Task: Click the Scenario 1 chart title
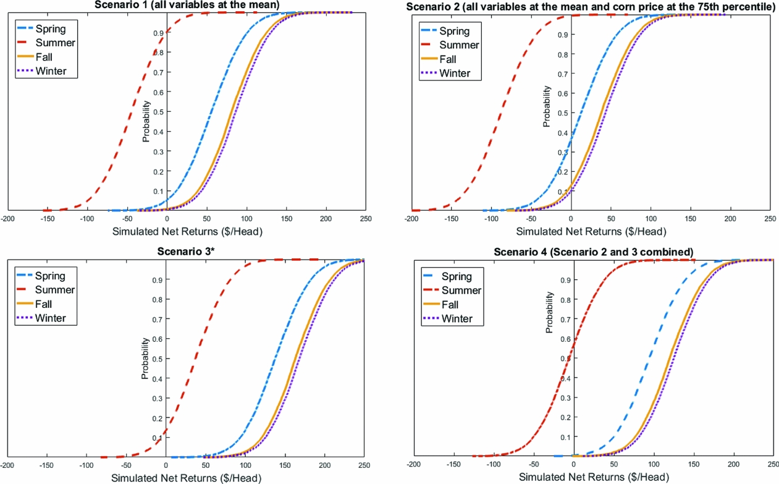187,5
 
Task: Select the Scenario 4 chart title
594,252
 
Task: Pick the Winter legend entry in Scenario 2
454,74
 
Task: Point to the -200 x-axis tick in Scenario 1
8,219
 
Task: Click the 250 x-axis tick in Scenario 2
770,219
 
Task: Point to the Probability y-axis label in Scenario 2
546,106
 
